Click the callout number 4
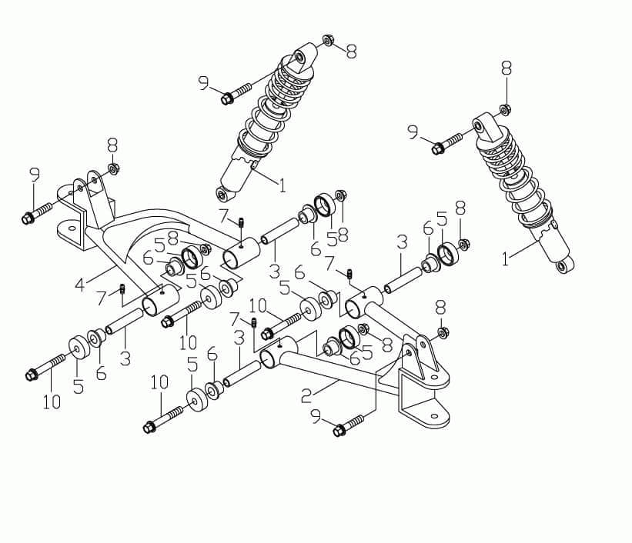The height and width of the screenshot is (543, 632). [x=79, y=285]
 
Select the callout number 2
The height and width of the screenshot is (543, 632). [x=306, y=396]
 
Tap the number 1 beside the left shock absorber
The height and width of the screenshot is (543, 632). [x=282, y=185]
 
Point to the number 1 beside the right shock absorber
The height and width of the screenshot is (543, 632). [x=505, y=260]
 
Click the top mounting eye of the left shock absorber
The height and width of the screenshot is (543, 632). [x=301, y=58]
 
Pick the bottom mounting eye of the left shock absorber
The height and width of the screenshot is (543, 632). [x=223, y=192]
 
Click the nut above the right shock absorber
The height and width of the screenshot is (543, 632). [x=506, y=108]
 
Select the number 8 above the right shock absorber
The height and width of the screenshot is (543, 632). [x=506, y=68]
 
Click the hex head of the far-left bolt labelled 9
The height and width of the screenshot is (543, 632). [x=28, y=218]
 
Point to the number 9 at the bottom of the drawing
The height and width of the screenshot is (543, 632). [x=316, y=415]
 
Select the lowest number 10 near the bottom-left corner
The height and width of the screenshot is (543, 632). [x=51, y=401]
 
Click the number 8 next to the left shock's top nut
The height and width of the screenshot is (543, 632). [x=351, y=52]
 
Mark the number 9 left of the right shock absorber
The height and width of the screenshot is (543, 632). [x=414, y=133]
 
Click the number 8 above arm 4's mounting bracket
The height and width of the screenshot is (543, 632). [x=112, y=145]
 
